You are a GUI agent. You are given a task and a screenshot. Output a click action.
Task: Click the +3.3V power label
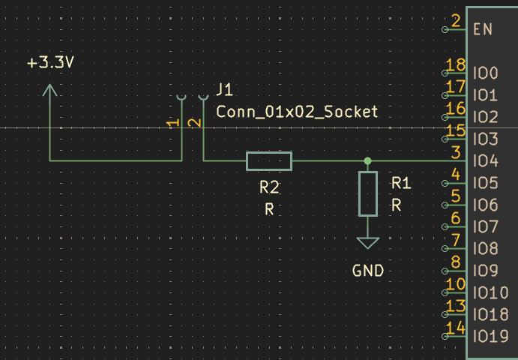coord(50,62)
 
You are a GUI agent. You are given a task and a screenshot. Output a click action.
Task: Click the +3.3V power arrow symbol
coord(49,90)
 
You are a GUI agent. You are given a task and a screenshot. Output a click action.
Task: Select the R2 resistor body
coord(269,161)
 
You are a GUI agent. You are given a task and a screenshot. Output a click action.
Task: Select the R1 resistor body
coord(367,193)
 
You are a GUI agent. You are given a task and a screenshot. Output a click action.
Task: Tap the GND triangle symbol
coord(367,243)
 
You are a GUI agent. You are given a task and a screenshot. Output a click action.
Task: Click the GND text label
coord(367,271)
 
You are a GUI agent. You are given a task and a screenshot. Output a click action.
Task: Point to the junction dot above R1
coord(367,161)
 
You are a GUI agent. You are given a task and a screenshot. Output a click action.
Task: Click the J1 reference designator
coord(224,89)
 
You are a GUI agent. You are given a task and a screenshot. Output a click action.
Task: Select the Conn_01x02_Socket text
coord(297,112)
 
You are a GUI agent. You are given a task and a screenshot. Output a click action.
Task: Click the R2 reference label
coord(269,187)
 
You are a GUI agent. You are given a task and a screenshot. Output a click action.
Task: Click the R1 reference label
coord(401,183)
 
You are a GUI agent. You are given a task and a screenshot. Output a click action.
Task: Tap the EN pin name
coord(483,29)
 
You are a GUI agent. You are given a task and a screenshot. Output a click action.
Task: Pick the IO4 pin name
coord(486,161)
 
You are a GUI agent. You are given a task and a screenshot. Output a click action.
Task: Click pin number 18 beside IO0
coord(455,64)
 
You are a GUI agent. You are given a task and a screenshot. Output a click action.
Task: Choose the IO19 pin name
coord(490,337)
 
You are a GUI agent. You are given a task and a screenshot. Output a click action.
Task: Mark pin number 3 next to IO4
coord(456,153)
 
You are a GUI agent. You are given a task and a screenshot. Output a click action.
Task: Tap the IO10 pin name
coord(490,293)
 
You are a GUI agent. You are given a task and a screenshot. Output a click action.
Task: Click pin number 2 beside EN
coord(456,21)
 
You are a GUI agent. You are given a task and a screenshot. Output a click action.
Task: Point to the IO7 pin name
coord(486,227)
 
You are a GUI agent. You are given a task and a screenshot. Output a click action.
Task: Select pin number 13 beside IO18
coord(455,306)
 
